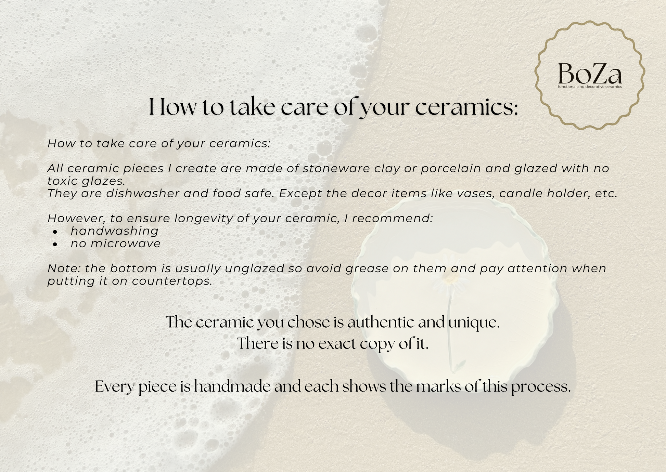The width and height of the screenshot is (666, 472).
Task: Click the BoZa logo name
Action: point(590,74)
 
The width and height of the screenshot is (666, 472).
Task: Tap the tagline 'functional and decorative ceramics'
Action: point(590,87)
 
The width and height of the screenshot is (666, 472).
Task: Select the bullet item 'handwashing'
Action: point(115,231)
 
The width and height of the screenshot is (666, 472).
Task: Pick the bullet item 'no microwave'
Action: point(116,244)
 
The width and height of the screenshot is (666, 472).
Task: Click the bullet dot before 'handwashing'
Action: point(55,232)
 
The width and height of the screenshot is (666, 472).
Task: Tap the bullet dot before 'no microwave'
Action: point(55,244)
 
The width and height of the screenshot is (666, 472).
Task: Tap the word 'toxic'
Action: point(61,181)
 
